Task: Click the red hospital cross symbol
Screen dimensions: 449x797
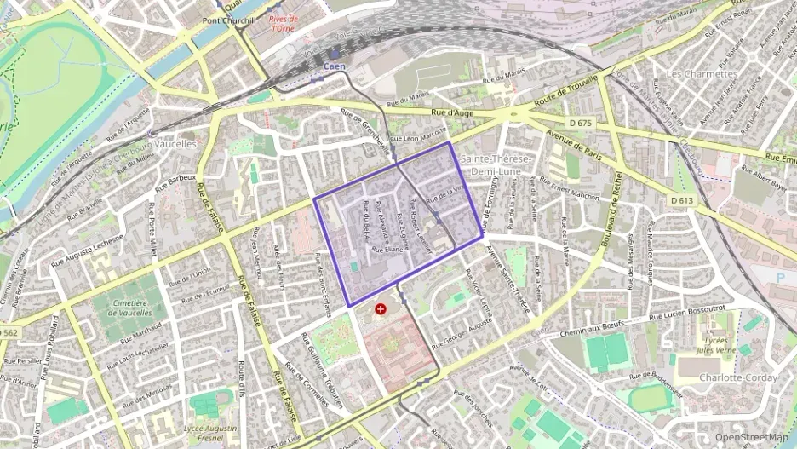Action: coord(380,308)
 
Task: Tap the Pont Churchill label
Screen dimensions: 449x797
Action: coord(229,20)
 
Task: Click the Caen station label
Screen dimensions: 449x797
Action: coord(335,65)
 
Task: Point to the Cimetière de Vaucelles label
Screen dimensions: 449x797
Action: coord(124,308)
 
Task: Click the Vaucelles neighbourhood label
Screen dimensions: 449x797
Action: coord(178,144)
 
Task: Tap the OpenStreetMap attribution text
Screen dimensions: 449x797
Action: coord(751,437)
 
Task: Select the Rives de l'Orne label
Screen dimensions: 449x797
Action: coord(283,23)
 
